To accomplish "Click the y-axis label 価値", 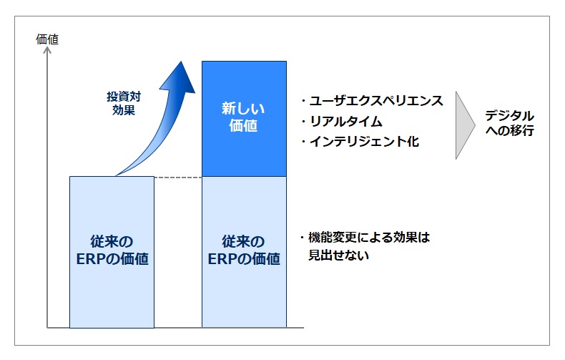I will click(x=47, y=39).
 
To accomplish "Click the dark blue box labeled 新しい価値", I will click(x=244, y=118).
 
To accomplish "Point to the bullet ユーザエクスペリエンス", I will click(x=373, y=101).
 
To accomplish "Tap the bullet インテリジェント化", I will click(x=360, y=142).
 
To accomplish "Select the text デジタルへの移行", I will click(x=509, y=123).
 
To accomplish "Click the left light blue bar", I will click(x=112, y=251).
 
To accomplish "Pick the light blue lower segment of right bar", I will click(x=244, y=251).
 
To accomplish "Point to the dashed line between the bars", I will click(x=178, y=176).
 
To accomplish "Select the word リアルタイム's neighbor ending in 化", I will click(x=360, y=142).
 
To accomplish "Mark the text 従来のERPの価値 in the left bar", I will click(x=112, y=250).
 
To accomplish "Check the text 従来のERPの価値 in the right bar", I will click(x=244, y=250).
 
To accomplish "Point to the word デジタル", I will click(x=509, y=115).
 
